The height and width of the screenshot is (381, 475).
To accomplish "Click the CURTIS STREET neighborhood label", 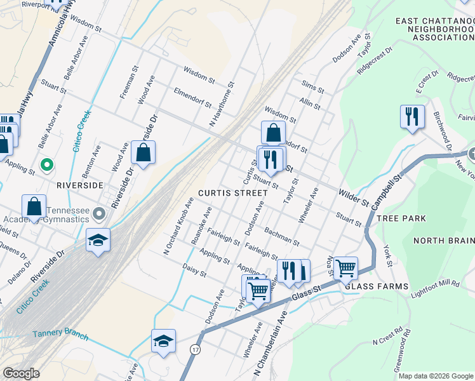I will pyautogui.click(x=232, y=192).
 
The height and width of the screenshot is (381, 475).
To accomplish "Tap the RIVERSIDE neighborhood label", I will pyautogui.click(x=80, y=185).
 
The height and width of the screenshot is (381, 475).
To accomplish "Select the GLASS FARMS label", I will pyautogui.click(x=377, y=286).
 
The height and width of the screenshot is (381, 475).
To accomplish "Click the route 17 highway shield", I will pyautogui.click(x=195, y=349).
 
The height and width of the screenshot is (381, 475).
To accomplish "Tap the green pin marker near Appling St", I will pyautogui.click(x=46, y=166).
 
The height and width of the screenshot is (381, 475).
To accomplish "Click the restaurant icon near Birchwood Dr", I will pyautogui.click(x=412, y=117).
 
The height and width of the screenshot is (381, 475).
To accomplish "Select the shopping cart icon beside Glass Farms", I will pyautogui.click(x=345, y=268).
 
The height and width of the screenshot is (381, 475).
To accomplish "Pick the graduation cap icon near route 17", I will pyautogui.click(x=163, y=340).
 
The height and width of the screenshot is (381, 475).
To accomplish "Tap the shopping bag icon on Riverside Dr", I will pyautogui.click(x=143, y=152).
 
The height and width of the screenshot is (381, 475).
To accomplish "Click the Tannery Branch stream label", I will pyautogui.click(x=60, y=335).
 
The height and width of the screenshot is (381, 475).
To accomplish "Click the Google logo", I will pyautogui.click(x=21, y=374).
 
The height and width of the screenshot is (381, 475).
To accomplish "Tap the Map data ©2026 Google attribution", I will pyautogui.click(x=435, y=376).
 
